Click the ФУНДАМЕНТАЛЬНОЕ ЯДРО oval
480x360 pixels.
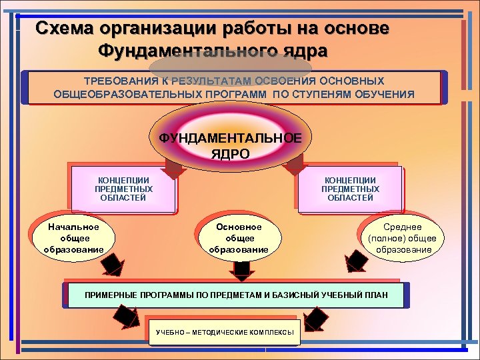(x=230, y=144)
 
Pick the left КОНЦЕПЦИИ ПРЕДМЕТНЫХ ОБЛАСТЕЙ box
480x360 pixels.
(x=123, y=189)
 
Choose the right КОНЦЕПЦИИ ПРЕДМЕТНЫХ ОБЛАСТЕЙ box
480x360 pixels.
(x=350, y=189)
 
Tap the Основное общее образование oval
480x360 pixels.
(x=239, y=238)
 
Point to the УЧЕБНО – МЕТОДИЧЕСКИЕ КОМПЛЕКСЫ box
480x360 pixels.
(x=225, y=331)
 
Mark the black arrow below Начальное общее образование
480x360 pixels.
(x=111, y=265)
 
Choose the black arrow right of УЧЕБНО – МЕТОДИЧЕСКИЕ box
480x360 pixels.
(x=317, y=319)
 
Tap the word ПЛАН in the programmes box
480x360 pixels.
(x=374, y=295)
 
